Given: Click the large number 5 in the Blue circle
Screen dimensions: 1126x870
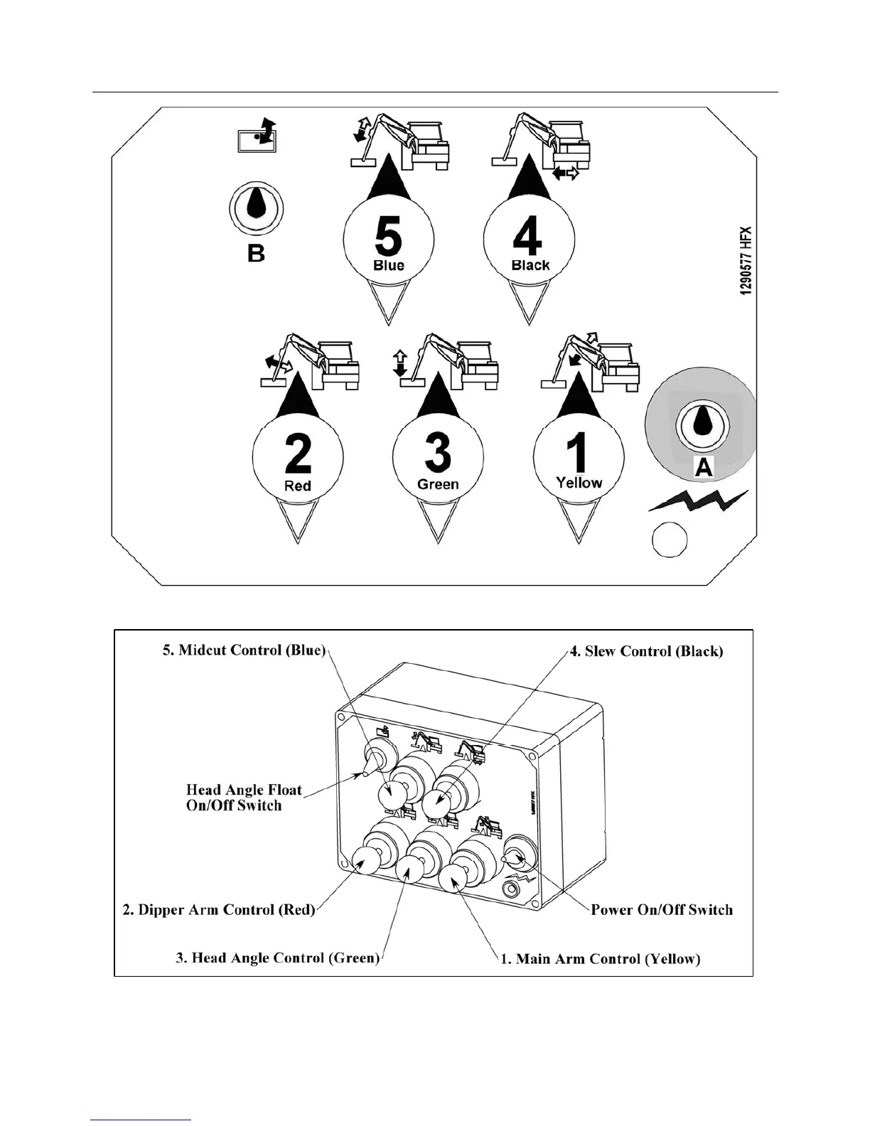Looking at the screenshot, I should tap(388, 236).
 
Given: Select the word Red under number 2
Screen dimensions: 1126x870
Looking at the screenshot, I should tap(298, 486).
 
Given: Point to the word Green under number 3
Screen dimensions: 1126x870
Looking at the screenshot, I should tap(438, 485).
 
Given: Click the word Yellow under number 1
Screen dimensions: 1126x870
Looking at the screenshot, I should tap(579, 483).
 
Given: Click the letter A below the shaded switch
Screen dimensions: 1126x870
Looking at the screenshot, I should tap(703, 467).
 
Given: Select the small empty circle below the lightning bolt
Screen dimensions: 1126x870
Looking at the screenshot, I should tap(670, 540).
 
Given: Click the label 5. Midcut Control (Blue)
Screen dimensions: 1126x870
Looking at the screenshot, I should tap(244, 650).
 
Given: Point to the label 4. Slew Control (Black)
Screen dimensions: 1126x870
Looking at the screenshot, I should tap(647, 651).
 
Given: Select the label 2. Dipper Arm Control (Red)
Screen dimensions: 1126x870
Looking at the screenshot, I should tap(219, 910).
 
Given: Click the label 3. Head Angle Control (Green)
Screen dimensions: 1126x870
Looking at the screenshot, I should tap(277, 958).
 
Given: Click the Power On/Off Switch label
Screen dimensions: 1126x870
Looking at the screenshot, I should tap(662, 910).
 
